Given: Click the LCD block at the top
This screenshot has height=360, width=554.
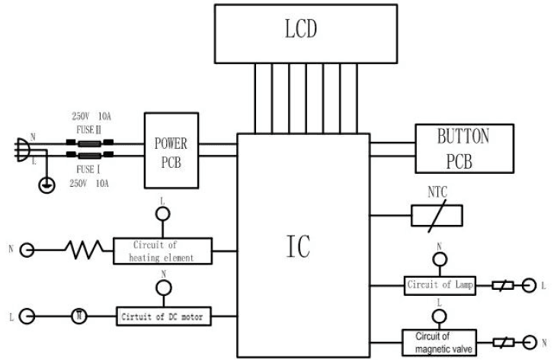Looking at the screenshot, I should (306, 32).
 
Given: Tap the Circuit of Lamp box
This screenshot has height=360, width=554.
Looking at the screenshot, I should (439, 286).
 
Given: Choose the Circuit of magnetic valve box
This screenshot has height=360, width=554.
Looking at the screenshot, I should (439, 339).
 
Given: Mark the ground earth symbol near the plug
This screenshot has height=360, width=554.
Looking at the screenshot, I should (46, 184).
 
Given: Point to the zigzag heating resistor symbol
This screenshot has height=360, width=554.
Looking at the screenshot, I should (82, 249).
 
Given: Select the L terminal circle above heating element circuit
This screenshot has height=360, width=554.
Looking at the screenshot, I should (162, 215).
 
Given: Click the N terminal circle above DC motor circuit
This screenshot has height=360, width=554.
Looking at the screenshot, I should (162, 288).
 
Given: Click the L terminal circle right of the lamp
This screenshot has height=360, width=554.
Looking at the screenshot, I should (525, 286).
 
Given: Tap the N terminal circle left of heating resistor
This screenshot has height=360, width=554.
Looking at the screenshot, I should (27, 249).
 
